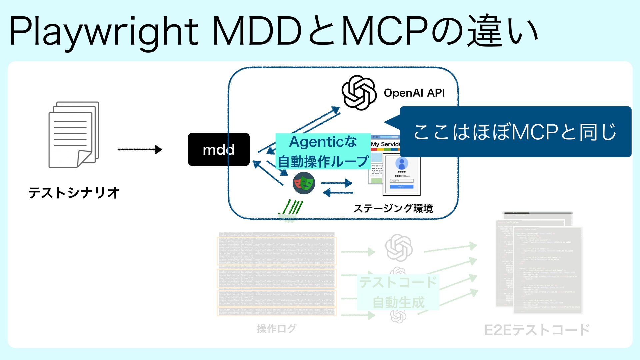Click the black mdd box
point(219,150)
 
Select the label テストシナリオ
point(74,193)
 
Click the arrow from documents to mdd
point(140,149)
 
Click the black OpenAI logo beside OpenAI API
point(359,93)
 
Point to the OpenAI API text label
point(414,93)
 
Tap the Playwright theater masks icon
point(304,183)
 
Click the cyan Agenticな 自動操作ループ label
point(323,152)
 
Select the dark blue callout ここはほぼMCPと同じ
point(515,132)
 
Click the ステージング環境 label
point(393,208)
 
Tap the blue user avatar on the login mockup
point(402,164)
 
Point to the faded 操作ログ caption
point(276,329)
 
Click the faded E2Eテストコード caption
point(537,330)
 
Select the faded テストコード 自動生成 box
point(398,292)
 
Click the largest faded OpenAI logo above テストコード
point(399,248)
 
